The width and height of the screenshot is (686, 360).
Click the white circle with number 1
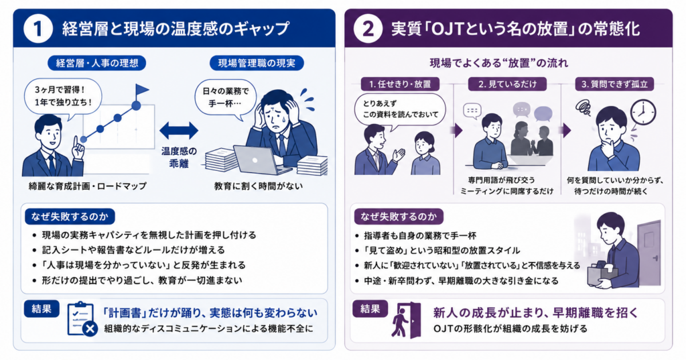coord(38,29)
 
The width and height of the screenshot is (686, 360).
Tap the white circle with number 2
coord(366,29)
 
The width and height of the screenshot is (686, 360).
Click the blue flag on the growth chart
coord(141,91)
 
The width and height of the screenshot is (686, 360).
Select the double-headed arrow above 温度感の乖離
coord(178,131)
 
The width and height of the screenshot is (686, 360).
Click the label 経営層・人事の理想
coord(96,63)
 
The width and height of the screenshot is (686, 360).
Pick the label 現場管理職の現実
coord(257,63)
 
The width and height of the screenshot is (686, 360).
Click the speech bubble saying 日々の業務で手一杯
coord(225,99)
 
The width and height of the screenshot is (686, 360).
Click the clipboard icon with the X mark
coord(82,319)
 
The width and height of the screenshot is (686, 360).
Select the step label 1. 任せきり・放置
coord(400,84)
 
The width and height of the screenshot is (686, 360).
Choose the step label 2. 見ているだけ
coord(507,84)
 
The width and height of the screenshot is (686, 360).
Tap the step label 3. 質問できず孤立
coord(614,84)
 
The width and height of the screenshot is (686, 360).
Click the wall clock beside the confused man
coord(643,112)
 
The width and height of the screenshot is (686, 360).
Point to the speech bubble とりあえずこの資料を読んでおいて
coord(400,109)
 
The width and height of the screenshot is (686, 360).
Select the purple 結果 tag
coord(370,309)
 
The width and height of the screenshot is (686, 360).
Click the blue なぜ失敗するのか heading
coord(70,217)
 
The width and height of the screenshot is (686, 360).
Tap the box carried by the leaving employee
coord(603,272)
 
